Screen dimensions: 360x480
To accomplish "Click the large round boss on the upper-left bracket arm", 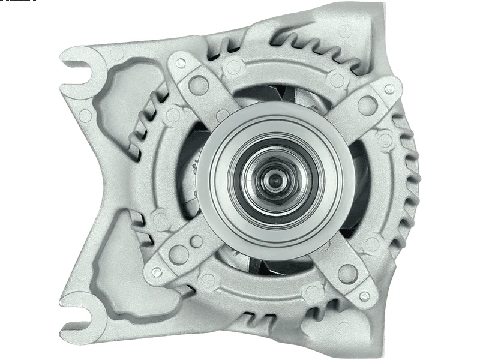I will tap(199, 85).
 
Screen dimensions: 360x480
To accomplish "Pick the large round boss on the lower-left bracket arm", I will tap(178, 254).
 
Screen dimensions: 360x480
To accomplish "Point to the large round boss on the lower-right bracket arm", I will tap(347, 273).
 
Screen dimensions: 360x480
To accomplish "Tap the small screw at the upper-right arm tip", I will tap(390, 89).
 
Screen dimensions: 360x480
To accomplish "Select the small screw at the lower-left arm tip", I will tap(156, 272).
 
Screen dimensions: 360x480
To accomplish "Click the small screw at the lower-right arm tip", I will tap(364, 296).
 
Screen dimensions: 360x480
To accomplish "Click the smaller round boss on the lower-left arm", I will tap(197, 241).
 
